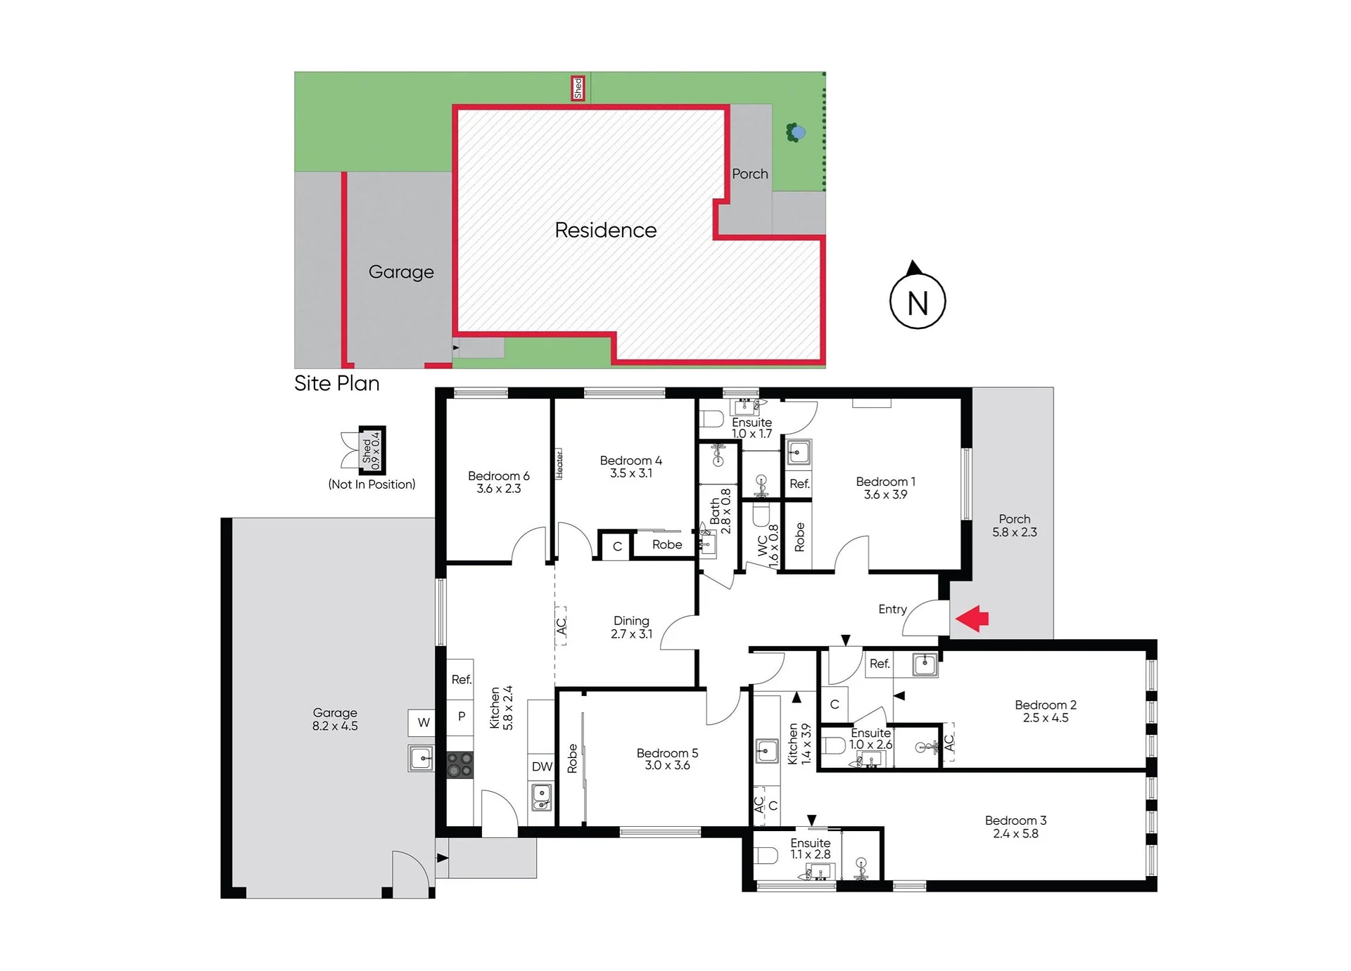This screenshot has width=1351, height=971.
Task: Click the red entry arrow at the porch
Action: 972,619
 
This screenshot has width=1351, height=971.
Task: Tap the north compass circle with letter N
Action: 918,301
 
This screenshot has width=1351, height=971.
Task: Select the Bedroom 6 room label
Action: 498,476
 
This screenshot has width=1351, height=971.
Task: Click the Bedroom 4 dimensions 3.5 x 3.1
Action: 631,473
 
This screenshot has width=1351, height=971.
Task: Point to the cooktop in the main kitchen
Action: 460,765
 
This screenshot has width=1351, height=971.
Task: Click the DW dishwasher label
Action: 542,766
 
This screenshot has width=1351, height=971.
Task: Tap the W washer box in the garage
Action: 424,722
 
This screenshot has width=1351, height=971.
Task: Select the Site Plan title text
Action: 337,383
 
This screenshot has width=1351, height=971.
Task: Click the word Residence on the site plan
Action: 605,230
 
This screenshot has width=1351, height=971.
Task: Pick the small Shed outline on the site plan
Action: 578,89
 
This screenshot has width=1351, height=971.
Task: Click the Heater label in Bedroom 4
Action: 559,464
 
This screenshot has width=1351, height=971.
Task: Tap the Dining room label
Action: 631,621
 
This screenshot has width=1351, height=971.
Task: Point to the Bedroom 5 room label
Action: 667,753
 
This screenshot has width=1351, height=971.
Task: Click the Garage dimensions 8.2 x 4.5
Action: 335,726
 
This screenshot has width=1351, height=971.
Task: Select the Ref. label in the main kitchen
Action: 462,679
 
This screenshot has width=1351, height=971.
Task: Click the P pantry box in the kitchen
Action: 461,716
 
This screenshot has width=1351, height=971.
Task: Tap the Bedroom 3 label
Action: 1015,821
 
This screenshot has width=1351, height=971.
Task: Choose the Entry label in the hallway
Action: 892,610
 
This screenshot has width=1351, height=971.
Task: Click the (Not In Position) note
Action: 372,484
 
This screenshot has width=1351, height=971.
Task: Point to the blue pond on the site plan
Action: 798,132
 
